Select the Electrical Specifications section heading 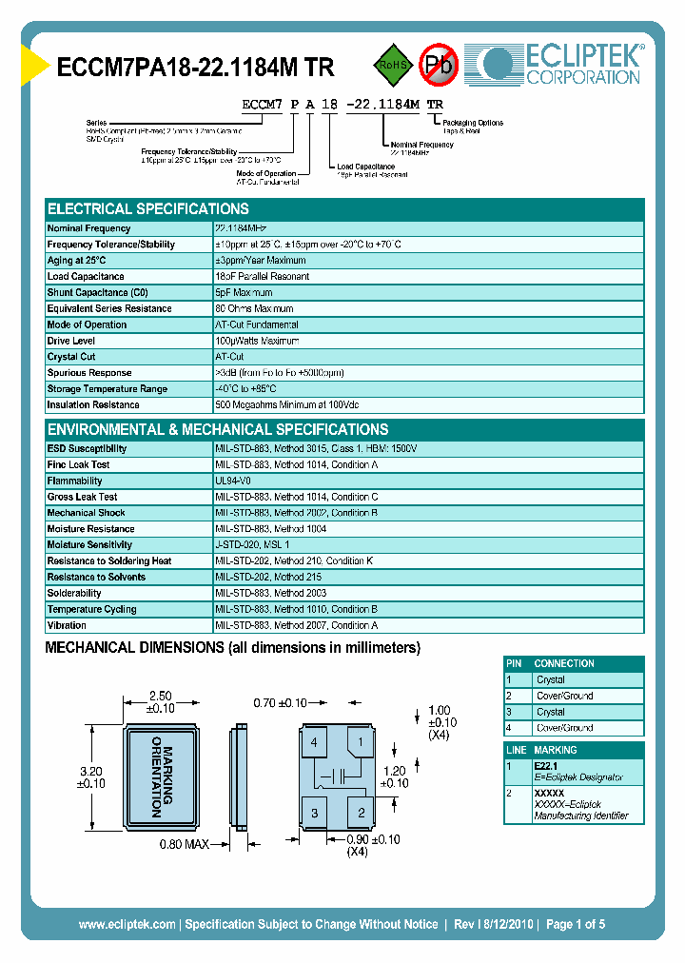[x=148, y=209]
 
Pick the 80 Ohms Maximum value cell [x=254, y=309]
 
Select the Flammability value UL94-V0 [x=233, y=481]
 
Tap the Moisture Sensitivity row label [x=91, y=545]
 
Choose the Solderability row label [x=74, y=594]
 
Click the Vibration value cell [x=296, y=626]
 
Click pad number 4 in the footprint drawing [x=313, y=743]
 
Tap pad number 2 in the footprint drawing [x=361, y=812]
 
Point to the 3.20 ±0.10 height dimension [x=91, y=777]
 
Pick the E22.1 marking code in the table [x=546, y=765]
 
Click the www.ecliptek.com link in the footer [x=127, y=924]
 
